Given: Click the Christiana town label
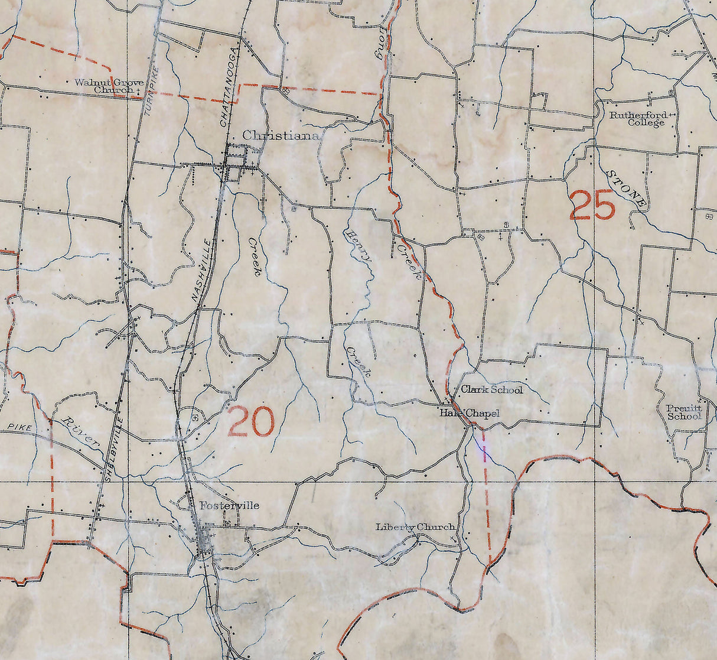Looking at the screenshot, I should (x=281, y=136).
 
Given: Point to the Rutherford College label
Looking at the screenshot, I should (x=638, y=119).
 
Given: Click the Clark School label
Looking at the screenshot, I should (x=491, y=390).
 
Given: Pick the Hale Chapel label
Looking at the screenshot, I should (x=469, y=413).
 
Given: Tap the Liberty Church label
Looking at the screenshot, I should (x=415, y=527).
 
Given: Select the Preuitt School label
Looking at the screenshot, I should (x=684, y=412).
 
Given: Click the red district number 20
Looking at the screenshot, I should (x=251, y=421).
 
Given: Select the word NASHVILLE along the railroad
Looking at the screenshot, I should (x=202, y=271).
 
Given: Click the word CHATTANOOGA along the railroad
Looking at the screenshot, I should (x=231, y=87).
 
